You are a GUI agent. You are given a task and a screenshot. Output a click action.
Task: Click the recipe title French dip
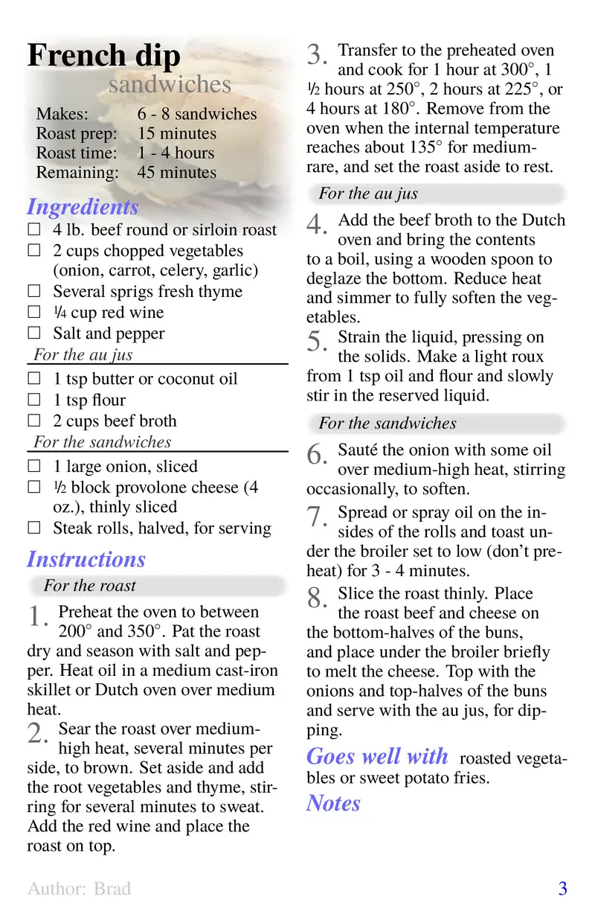[x=103, y=57]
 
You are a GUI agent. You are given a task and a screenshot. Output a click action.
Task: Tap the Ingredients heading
[x=83, y=207]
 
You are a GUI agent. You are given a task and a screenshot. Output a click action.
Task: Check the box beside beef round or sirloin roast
[x=33, y=230]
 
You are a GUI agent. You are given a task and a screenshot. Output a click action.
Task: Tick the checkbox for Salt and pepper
[x=33, y=333]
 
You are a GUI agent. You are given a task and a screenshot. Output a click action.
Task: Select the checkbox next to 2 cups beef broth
[x=33, y=421]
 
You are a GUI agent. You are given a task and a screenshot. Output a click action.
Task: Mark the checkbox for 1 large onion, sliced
[x=33, y=467]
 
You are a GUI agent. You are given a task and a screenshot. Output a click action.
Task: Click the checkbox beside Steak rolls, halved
[x=33, y=528]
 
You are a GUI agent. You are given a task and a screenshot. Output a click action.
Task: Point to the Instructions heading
[x=86, y=559]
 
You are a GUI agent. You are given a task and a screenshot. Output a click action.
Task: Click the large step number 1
[x=37, y=618]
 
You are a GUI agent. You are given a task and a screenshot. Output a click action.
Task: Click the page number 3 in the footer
[x=562, y=888]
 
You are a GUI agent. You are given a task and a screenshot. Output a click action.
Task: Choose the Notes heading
[x=333, y=803]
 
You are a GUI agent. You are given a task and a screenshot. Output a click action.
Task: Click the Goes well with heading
[x=377, y=757]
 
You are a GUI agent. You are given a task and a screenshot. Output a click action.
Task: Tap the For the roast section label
[x=89, y=586]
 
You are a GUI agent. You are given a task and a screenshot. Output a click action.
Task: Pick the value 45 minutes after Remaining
[x=177, y=173]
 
